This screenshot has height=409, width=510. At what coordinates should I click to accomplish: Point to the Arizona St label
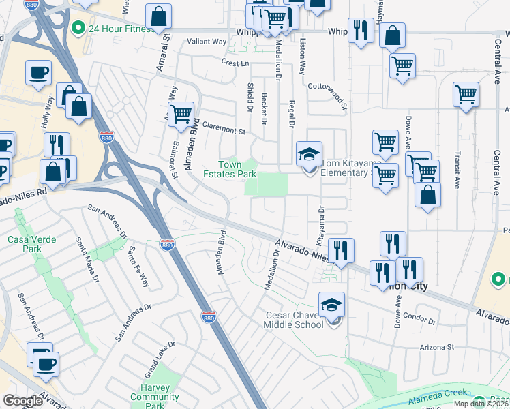point(437,346)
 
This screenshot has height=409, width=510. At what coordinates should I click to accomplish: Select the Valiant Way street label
point(208,42)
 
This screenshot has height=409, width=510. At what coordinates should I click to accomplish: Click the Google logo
point(22,401)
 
